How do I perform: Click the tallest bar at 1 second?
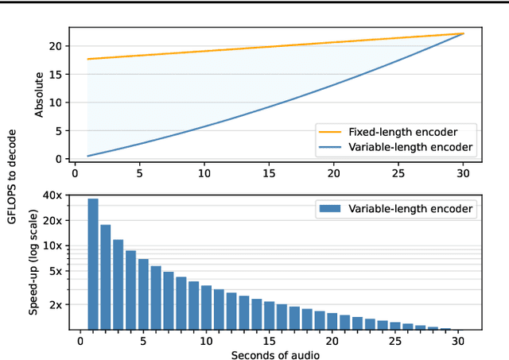point(93,264)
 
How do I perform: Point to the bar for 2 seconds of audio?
point(106,277)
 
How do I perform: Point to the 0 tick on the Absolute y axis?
point(58,159)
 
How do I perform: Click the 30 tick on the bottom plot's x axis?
point(458,341)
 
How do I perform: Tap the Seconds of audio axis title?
point(275,354)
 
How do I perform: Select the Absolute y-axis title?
point(39,93)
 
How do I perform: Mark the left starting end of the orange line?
point(87,59)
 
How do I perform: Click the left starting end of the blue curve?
point(87,156)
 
